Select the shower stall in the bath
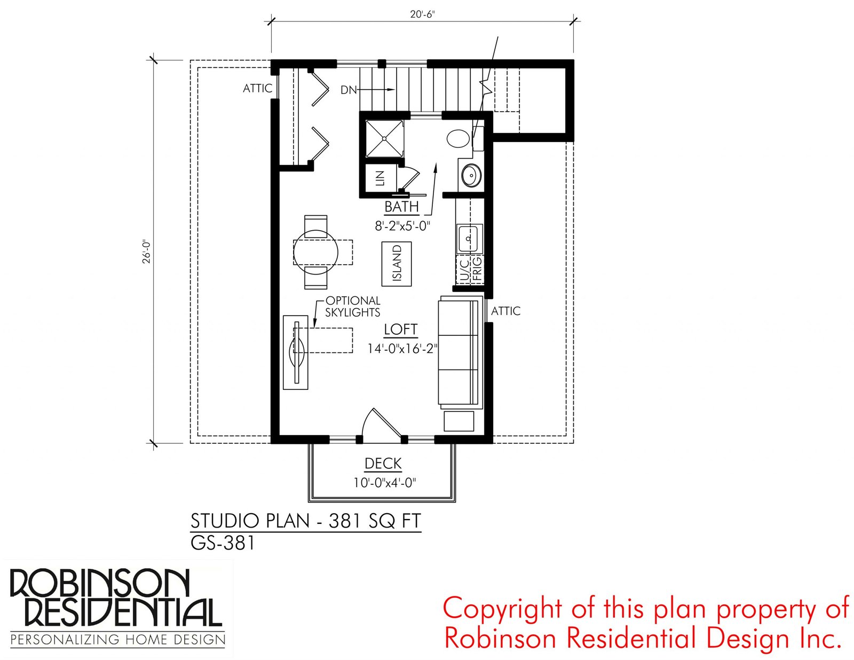(x=384, y=138)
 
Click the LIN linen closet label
(x=380, y=178)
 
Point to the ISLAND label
(x=397, y=263)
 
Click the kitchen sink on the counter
(x=469, y=238)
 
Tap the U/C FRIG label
(x=470, y=270)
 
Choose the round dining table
(x=315, y=253)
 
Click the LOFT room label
(x=400, y=329)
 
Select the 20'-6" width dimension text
(x=423, y=14)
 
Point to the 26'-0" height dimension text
(x=146, y=252)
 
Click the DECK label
(x=383, y=463)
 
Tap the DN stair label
(x=348, y=90)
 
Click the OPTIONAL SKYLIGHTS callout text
(x=353, y=306)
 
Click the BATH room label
(x=401, y=206)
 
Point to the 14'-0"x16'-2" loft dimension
(x=402, y=348)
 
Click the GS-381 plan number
(x=223, y=543)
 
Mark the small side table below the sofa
(x=458, y=421)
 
